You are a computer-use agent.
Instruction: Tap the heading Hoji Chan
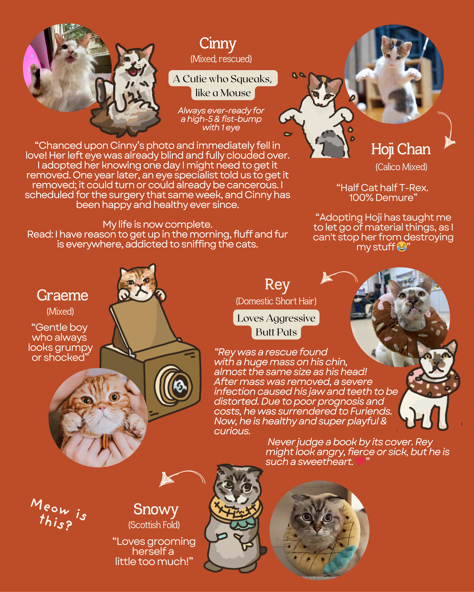pos(401,150)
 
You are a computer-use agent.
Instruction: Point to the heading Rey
pos(277,285)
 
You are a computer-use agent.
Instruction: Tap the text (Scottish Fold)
pos(154,525)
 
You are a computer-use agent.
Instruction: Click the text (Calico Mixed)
pos(401,167)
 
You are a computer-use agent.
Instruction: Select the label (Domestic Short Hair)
pos(276,301)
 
